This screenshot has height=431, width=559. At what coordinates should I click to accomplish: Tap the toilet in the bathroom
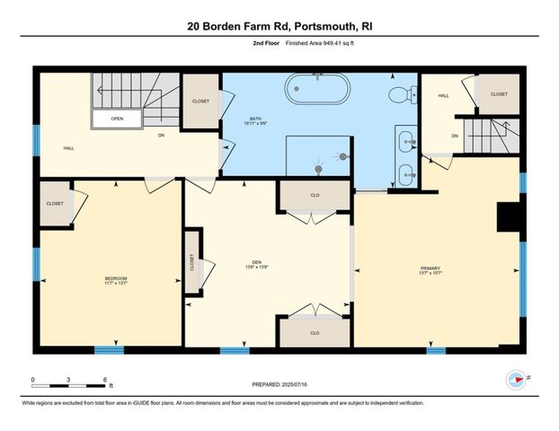[x=402, y=93]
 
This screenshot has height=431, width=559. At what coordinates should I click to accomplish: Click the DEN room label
[x=257, y=264]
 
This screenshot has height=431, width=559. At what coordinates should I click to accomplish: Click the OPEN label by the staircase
[x=117, y=118]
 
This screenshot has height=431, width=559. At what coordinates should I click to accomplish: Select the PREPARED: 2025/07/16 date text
[x=279, y=384]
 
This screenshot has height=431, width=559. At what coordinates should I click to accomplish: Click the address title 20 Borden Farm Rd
[x=279, y=27]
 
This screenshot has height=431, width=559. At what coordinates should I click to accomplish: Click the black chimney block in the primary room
[x=510, y=218]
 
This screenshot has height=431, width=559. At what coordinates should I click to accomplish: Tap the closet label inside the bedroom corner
[x=55, y=204]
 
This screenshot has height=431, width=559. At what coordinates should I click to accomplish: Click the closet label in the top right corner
[x=498, y=94]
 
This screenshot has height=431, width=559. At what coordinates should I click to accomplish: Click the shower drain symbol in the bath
[x=317, y=167]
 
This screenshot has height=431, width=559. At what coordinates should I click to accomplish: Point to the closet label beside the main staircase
[x=200, y=101]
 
